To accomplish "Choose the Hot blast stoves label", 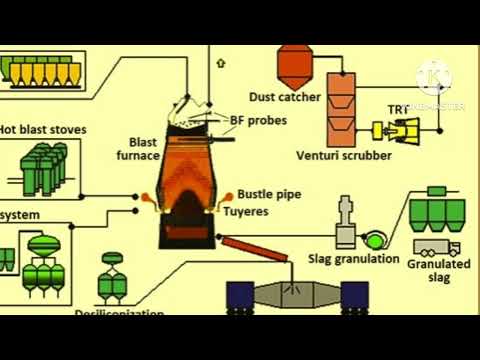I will pyautogui.click(x=42, y=129).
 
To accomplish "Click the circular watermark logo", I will pyautogui.click(x=434, y=78).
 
